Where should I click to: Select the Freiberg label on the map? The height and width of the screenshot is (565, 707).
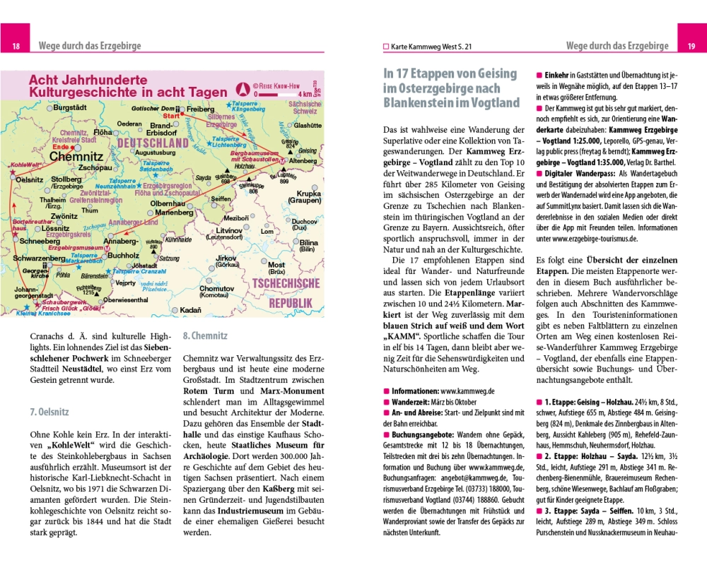(x=200, y=109)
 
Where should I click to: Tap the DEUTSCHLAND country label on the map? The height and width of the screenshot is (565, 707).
(x=153, y=143)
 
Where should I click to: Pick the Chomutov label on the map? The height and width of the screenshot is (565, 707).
(x=216, y=289)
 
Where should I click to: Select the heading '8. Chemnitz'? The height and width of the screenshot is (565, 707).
(x=205, y=337)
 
